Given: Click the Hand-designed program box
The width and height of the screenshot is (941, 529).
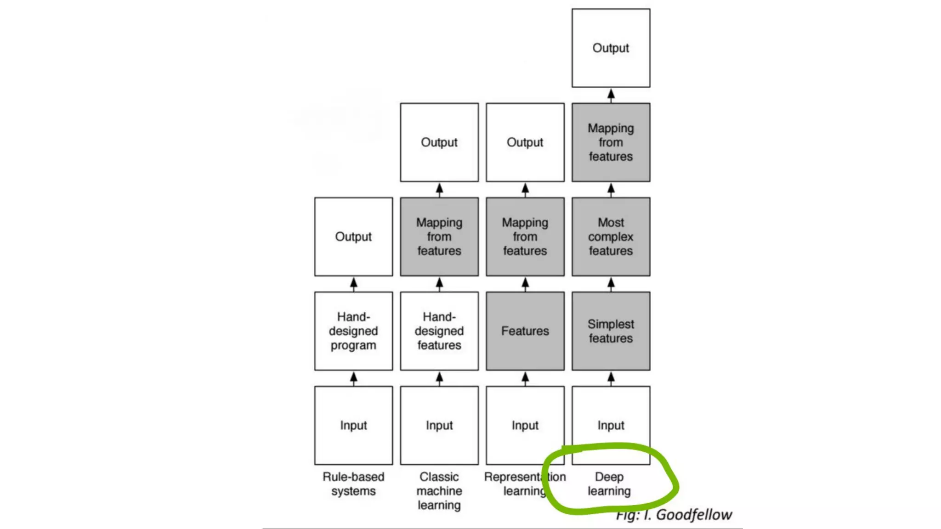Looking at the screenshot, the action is tap(353, 331).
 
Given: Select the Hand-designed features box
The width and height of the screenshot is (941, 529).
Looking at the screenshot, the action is tap(439, 331).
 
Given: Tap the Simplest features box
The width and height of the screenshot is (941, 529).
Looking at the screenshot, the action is tap(611, 331).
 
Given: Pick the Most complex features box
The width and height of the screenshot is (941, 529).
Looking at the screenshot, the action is tap(611, 236).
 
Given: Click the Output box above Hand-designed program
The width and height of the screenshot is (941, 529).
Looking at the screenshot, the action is tap(353, 236).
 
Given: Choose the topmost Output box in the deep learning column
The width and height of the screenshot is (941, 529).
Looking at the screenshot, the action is tap(611, 48).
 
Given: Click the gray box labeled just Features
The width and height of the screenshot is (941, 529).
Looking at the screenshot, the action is tap(525, 331).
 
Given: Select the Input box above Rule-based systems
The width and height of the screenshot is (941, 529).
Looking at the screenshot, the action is tap(353, 425).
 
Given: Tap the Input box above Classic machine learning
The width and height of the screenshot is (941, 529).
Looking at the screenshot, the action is tap(439, 425).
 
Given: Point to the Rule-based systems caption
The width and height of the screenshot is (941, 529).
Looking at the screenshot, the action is tap(353, 484).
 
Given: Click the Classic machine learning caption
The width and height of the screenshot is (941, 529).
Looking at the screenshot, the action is tap(439, 490).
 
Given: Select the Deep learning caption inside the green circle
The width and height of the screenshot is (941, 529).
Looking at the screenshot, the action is tap(609, 484).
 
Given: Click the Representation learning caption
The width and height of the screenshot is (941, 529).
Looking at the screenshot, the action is tap(525, 484).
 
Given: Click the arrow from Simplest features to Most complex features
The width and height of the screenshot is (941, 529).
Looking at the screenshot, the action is tap(611, 284).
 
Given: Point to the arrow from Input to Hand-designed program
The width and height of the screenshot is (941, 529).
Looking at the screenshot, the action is tap(353, 378).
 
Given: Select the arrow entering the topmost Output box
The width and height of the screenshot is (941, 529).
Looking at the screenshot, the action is tap(611, 95).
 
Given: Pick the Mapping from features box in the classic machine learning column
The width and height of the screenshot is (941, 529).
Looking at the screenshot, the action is tap(439, 236).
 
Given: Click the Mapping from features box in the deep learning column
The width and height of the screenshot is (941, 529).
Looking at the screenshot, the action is tap(611, 142).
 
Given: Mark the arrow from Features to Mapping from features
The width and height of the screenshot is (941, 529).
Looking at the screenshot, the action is tap(525, 284).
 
